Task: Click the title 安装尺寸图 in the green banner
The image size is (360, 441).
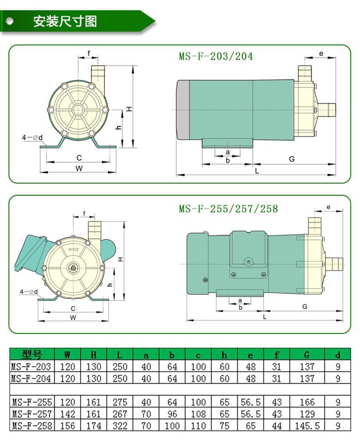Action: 65,21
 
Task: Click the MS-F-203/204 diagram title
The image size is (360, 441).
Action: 216,56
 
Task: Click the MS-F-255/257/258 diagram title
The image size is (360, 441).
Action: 228,209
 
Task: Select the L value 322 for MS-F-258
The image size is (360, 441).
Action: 120,426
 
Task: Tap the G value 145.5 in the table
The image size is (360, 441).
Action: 307,426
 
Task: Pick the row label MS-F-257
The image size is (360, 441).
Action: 32,414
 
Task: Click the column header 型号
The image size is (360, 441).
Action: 32,354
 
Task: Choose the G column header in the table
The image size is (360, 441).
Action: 307,354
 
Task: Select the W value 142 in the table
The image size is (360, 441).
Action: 67,414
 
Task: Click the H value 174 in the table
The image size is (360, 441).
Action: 94,426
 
